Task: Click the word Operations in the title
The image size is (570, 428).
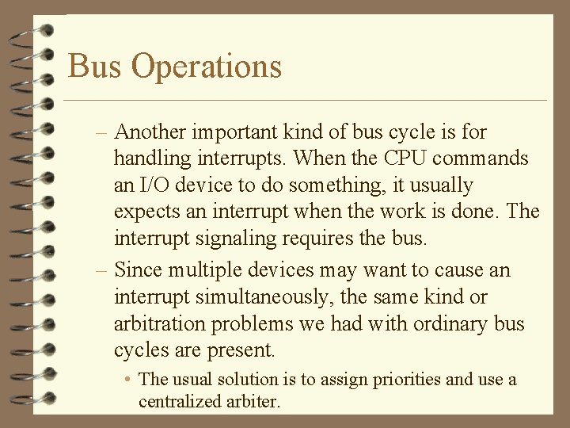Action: coord(207,67)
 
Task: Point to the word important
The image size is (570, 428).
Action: coord(241,132)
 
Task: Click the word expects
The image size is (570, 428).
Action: coord(146,212)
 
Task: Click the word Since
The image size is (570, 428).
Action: coord(136,270)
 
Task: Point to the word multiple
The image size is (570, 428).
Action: coord(199,270)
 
